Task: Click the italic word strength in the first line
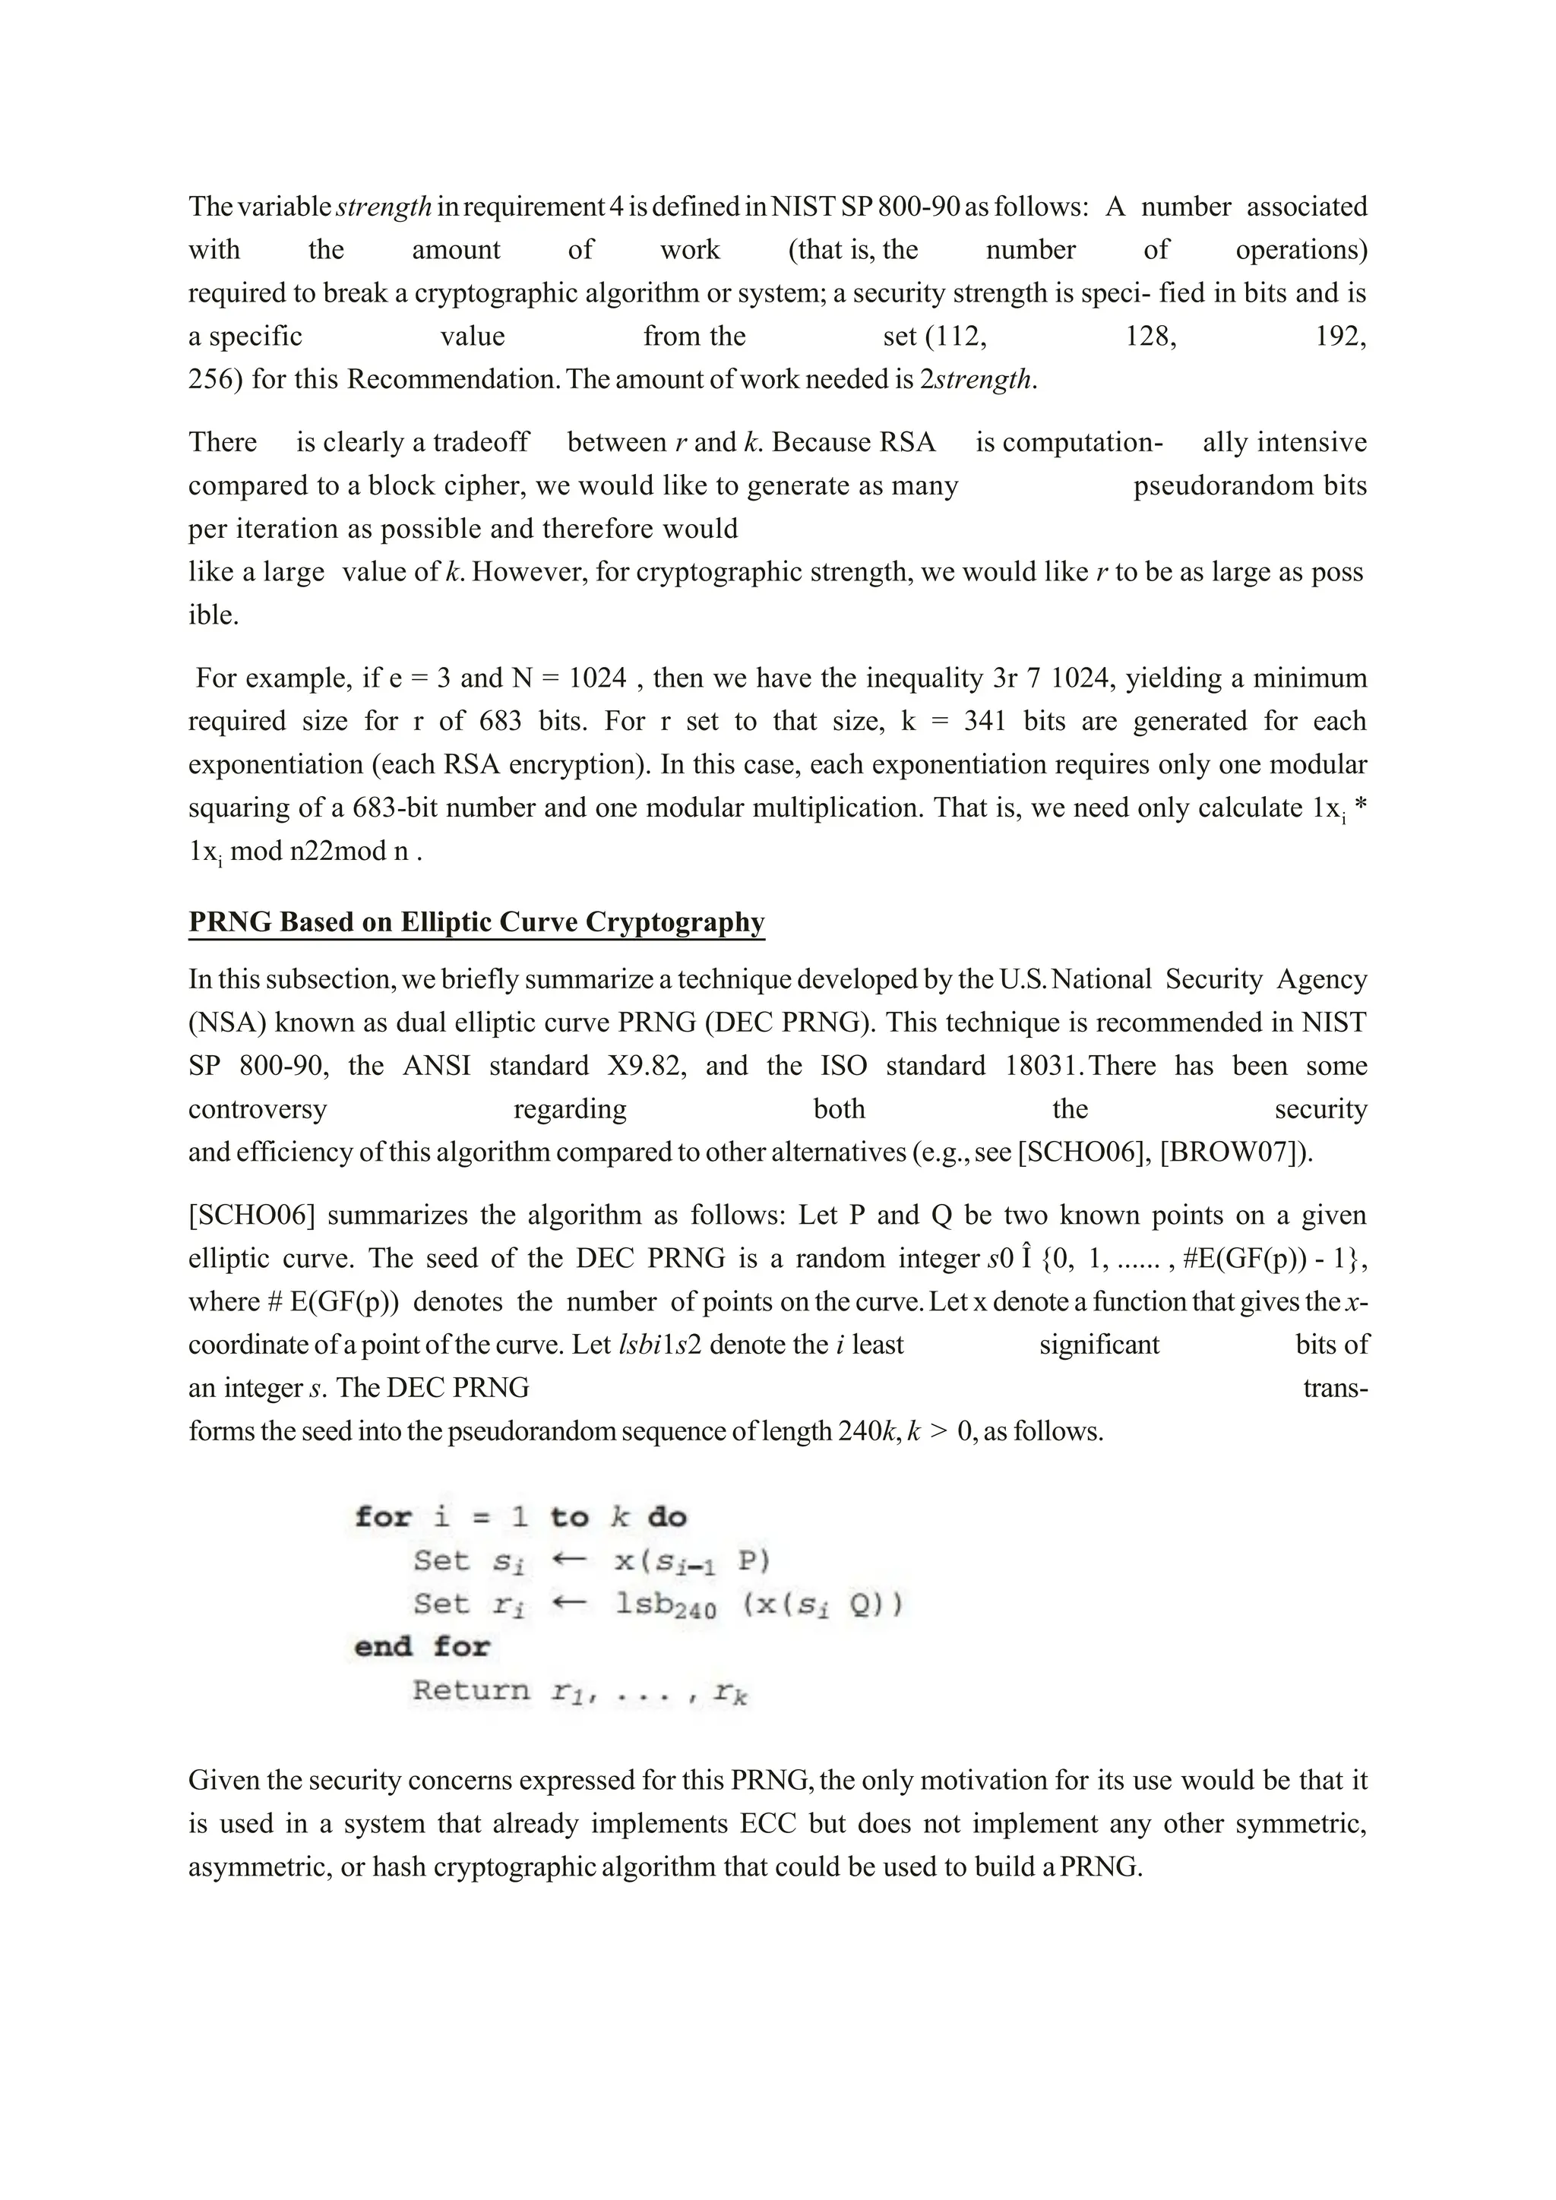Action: [384, 207]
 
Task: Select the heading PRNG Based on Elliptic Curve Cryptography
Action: [476, 921]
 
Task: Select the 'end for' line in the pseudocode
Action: [422, 1647]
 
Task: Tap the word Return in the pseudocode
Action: [470, 1690]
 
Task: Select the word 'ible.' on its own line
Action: [213, 615]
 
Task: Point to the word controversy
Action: [257, 1108]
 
